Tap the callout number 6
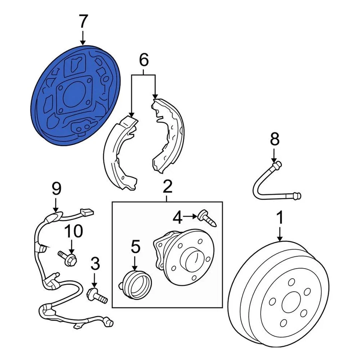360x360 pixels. pos(144,60)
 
